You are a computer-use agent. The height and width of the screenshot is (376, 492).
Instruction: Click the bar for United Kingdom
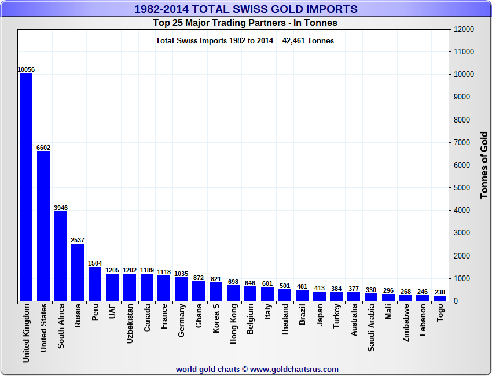tap(26, 186)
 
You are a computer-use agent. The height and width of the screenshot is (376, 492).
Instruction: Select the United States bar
tap(43, 226)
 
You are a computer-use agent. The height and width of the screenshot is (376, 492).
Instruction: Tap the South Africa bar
tap(61, 256)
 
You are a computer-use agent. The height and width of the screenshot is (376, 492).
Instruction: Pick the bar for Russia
tap(78, 272)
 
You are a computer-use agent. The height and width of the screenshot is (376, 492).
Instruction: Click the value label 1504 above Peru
tap(95, 263)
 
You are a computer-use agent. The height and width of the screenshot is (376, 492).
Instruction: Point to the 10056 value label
tap(26, 69)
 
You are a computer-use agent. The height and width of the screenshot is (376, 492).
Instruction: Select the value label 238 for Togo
tap(440, 292)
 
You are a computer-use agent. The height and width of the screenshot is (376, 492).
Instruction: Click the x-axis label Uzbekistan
tap(130, 324)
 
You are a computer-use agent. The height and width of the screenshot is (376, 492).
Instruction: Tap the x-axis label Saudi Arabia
tap(371, 327)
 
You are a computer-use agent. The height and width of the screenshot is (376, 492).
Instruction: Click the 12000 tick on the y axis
tap(464, 29)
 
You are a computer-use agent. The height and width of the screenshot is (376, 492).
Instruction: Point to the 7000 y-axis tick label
tap(462, 142)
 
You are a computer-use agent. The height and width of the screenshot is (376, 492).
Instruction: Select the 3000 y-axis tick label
tap(462, 233)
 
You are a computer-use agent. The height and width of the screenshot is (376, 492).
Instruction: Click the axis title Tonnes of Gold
tap(484, 165)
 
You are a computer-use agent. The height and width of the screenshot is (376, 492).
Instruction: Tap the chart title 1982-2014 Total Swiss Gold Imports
tap(245, 9)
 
